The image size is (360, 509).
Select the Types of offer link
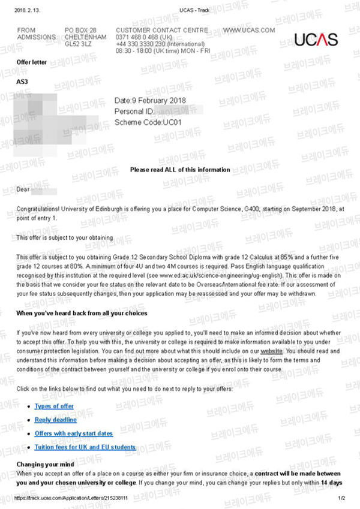point(54,406)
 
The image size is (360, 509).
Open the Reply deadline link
point(55,420)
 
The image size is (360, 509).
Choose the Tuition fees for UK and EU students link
point(85,447)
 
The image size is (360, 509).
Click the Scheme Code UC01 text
point(148,122)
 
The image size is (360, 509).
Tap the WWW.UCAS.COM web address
point(248,30)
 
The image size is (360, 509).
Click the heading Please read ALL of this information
point(180,170)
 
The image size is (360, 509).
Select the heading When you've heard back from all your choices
point(82,313)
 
